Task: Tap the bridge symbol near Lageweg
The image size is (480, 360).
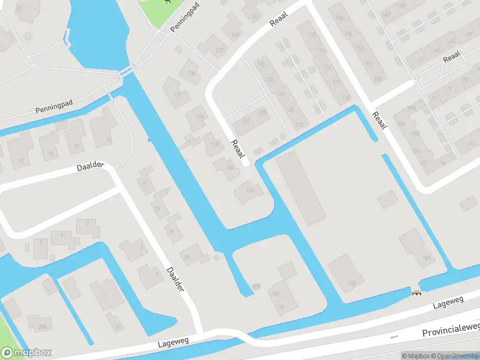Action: (415, 292)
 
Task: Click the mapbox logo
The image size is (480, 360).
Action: (26, 353)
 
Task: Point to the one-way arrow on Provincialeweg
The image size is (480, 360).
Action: (394, 337)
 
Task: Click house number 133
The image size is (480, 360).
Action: (250, 190)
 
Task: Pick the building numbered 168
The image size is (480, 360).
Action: (352, 283)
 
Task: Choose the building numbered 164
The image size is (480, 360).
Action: (427, 258)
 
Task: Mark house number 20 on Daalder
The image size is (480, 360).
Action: (187, 257)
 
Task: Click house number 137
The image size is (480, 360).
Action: (178, 95)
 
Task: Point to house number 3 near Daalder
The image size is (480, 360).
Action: (88, 223)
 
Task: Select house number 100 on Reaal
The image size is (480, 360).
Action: (377, 79)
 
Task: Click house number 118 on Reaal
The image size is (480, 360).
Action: (311, 35)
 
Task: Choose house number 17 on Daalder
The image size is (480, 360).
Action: (143, 184)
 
